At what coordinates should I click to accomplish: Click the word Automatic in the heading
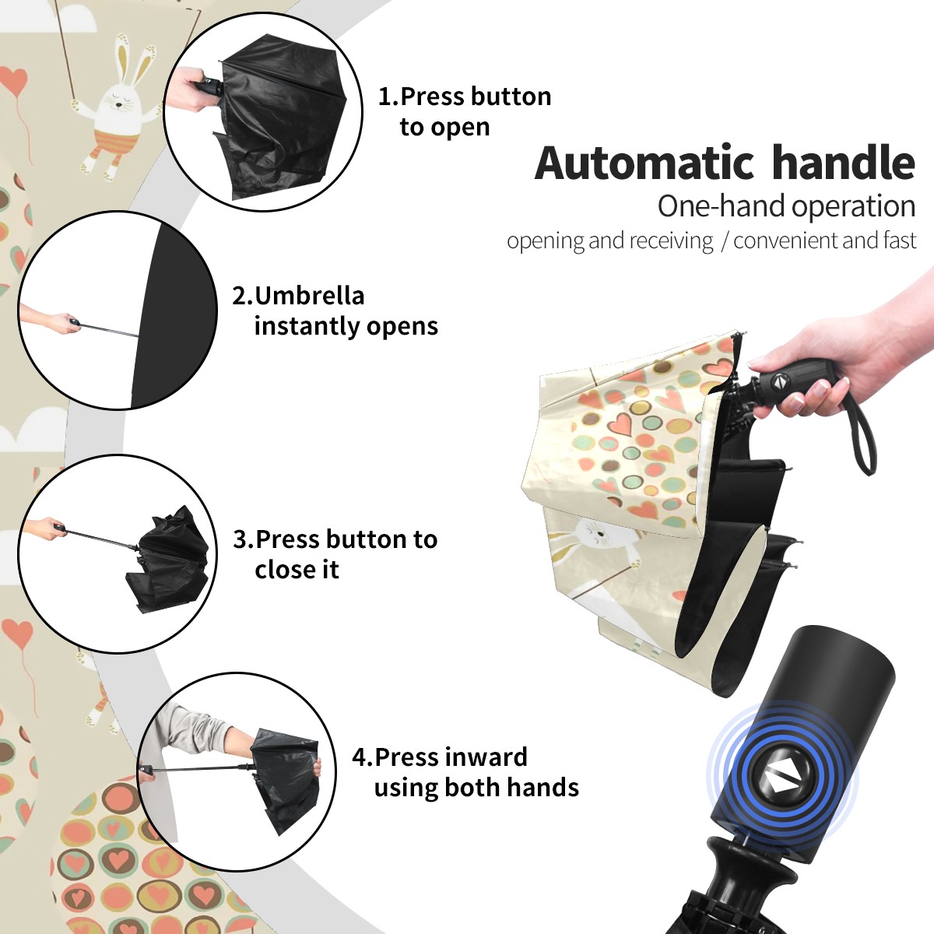click(x=644, y=163)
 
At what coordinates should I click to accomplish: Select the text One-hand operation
click(x=786, y=206)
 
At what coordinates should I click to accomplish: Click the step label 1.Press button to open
click(x=465, y=112)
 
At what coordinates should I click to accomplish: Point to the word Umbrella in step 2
click(x=309, y=296)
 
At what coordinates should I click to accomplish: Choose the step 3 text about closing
click(x=335, y=554)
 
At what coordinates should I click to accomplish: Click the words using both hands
click(x=476, y=787)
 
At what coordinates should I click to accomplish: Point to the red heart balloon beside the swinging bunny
click(x=15, y=81)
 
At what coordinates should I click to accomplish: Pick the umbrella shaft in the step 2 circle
click(x=110, y=329)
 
